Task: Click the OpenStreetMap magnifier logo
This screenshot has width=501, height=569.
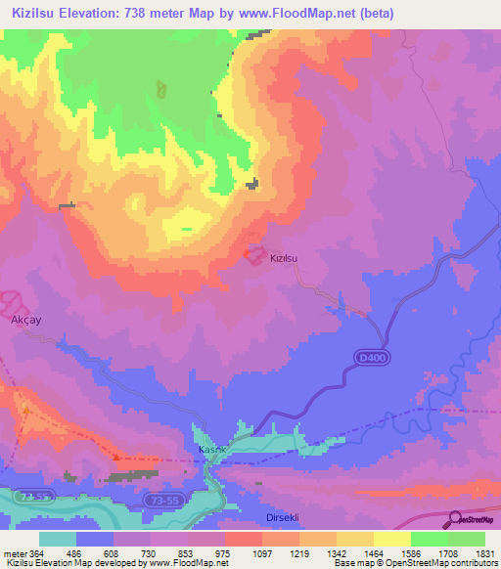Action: point(456,519)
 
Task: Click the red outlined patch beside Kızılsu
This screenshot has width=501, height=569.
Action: point(250,253)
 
